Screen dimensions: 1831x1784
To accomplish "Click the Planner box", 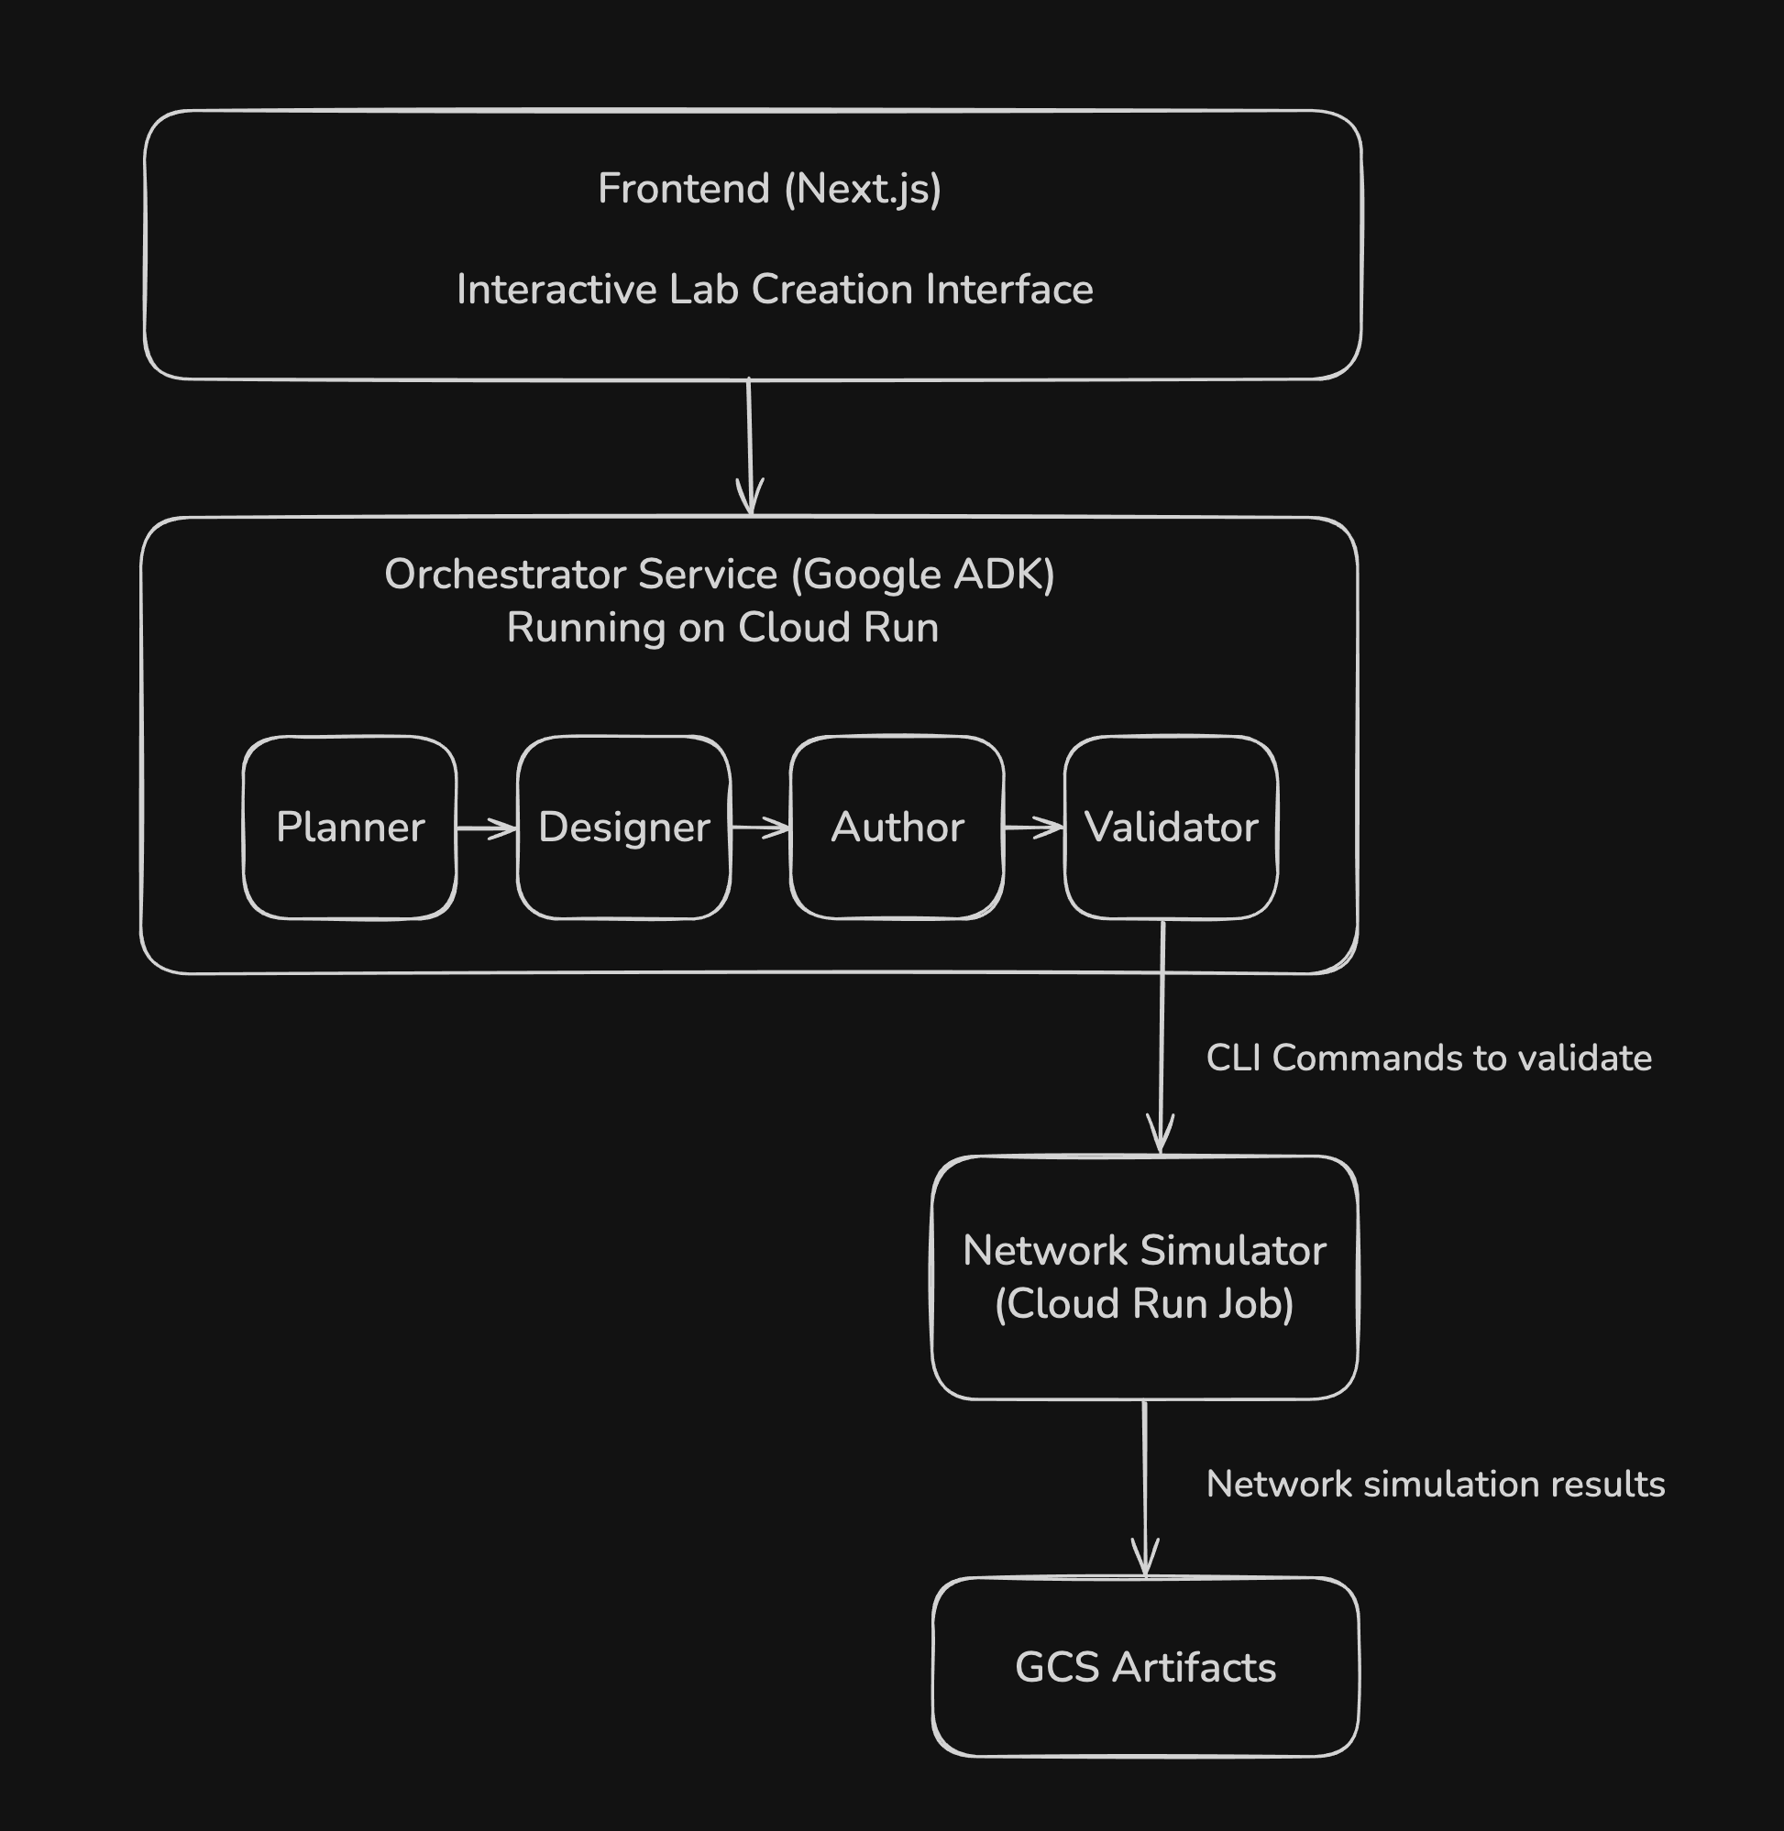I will point(349,828).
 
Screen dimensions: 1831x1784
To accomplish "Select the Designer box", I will point(624,828).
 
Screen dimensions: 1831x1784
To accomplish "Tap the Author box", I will point(897,828).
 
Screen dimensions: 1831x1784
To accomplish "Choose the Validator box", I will point(1171,828).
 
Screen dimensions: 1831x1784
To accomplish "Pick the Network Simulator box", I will point(1144,1277).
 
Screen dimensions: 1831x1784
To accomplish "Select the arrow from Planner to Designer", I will point(486,828).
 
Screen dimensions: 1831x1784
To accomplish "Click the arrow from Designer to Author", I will point(760,828).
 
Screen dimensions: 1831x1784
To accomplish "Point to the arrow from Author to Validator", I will point(1033,828).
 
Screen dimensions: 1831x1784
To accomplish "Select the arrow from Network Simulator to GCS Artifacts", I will point(1145,1488).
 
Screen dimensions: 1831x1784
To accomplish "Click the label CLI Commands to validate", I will point(1428,1058).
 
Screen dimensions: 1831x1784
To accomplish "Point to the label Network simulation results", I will point(1435,1485).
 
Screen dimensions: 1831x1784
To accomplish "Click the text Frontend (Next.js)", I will point(769,189).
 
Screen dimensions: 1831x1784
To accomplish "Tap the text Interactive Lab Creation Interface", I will point(774,290).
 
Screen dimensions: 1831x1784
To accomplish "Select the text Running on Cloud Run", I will point(722,628).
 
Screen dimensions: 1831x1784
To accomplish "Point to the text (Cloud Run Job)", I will point(1144,1304).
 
